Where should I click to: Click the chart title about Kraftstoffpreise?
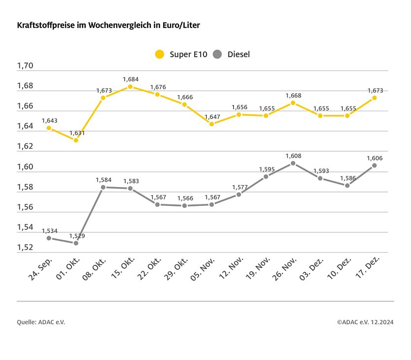coord(108,24)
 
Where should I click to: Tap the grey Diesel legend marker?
coord(218,54)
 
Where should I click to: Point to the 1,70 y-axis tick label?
coord(25,66)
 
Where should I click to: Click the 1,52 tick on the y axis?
coord(25,248)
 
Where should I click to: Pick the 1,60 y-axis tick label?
coord(25,167)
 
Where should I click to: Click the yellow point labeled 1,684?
coord(130,87)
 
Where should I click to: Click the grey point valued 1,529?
coord(76,243)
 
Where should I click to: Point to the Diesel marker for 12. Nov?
coord(239,194)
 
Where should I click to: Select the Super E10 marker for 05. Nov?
coord(211,124)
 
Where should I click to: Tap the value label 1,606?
coord(375,158)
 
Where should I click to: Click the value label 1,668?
coord(293,96)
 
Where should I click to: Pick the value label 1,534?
coord(49,230)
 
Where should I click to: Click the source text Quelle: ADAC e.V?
coord(41,322)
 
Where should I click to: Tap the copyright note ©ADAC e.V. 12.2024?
coord(365,322)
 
